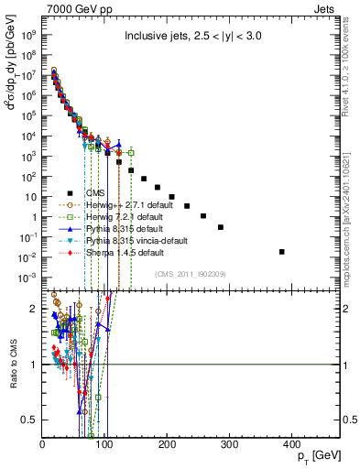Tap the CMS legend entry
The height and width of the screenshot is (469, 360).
[x=96, y=193]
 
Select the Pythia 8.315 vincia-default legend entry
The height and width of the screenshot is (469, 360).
[x=130, y=241]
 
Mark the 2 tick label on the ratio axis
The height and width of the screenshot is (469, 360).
[x=35, y=309]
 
